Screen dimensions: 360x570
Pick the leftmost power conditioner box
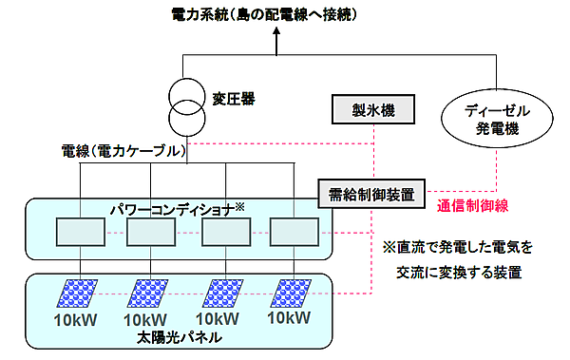pyautogui.click(x=80, y=233)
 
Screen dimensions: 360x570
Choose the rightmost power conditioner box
pyautogui.click(x=294, y=233)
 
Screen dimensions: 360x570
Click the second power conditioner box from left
pyautogui.click(x=152, y=233)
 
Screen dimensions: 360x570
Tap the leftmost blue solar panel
pyautogui.click(x=81, y=293)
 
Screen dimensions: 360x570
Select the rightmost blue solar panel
pyautogui.click(x=292, y=293)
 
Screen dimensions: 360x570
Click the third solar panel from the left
pyautogui.click(x=222, y=293)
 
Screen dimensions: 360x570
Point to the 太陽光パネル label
pyautogui.click(x=189, y=336)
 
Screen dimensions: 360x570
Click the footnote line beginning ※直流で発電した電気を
pyautogui.click(x=459, y=246)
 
